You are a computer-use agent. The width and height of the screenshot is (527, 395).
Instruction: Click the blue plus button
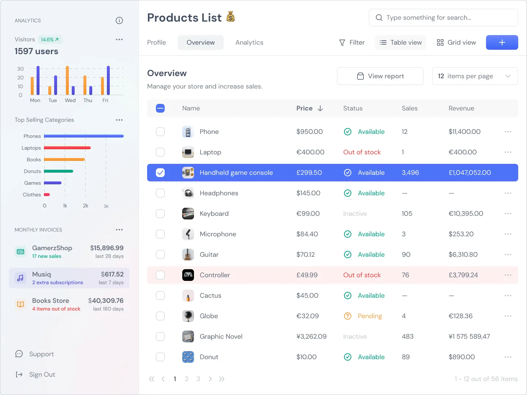pos(502,42)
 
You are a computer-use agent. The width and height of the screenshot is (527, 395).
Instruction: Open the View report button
pos(380,76)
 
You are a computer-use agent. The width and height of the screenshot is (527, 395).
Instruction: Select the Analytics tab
pos(249,42)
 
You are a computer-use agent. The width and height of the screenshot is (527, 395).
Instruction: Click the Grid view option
pos(456,42)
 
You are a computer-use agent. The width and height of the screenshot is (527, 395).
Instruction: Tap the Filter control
pos(352,42)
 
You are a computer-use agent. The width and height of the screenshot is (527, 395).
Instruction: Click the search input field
pos(443,18)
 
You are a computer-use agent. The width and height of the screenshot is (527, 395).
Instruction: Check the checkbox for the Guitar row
pos(160,255)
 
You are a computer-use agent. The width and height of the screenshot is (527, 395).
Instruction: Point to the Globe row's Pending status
pos(370,316)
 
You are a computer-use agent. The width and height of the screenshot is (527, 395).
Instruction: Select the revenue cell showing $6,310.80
pos(463,255)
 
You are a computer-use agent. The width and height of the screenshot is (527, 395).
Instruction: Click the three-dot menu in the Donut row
pos(508,357)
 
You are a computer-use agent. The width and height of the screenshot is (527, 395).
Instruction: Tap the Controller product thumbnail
pos(188,275)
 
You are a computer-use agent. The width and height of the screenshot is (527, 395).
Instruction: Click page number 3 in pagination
pos(198,379)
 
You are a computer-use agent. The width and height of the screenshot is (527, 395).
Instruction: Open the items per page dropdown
pos(475,76)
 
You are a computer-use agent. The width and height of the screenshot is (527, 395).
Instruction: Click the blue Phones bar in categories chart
pos(84,136)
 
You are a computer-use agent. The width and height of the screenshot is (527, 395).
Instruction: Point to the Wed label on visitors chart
pos(70,100)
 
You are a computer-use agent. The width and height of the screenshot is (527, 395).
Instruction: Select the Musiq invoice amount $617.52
pos(112,274)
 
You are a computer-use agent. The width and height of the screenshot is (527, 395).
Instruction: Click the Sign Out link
pos(42,375)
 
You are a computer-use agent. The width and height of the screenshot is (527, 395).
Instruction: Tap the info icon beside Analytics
pos(119,20)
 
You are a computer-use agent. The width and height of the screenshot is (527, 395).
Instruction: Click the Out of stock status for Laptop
pos(362,152)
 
